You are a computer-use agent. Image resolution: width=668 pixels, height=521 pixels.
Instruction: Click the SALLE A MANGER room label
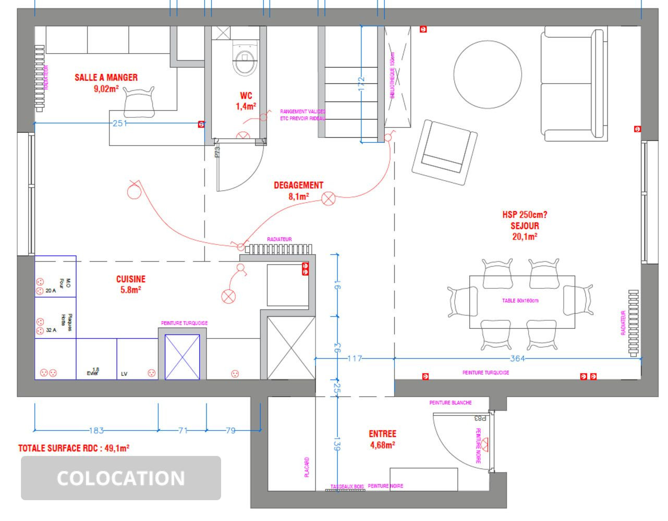pos(106,78)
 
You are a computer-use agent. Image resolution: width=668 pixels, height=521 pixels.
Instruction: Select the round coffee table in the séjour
pos(487,74)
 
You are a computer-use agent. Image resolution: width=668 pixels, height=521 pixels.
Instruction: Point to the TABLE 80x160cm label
pos(520,301)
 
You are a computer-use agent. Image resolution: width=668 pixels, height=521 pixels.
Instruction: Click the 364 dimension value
pos(517,358)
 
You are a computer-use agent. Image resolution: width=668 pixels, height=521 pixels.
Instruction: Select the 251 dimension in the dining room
pos(119,123)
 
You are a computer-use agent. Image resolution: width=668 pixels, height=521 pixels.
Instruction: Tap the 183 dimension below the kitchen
pos(96,430)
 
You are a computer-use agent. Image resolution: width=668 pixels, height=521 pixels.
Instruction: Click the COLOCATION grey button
pos(121,478)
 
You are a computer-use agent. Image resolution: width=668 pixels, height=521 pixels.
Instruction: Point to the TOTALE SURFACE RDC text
pos(74,448)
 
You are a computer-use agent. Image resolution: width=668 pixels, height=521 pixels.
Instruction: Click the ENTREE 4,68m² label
pos(382,439)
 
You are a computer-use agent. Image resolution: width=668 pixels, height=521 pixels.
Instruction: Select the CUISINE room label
pos(130,284)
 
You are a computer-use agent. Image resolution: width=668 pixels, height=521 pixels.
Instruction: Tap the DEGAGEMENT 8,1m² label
pos(298,190)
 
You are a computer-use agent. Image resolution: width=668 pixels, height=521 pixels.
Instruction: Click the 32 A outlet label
pos(51,330)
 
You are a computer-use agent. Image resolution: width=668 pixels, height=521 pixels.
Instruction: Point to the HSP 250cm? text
pos(525,215)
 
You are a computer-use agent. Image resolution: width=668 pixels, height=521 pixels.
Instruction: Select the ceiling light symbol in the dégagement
pos(328,199)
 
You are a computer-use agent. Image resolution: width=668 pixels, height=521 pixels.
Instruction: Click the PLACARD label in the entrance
pos(307,467)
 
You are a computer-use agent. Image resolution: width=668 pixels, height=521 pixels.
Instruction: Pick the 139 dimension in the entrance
pos(337,446)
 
